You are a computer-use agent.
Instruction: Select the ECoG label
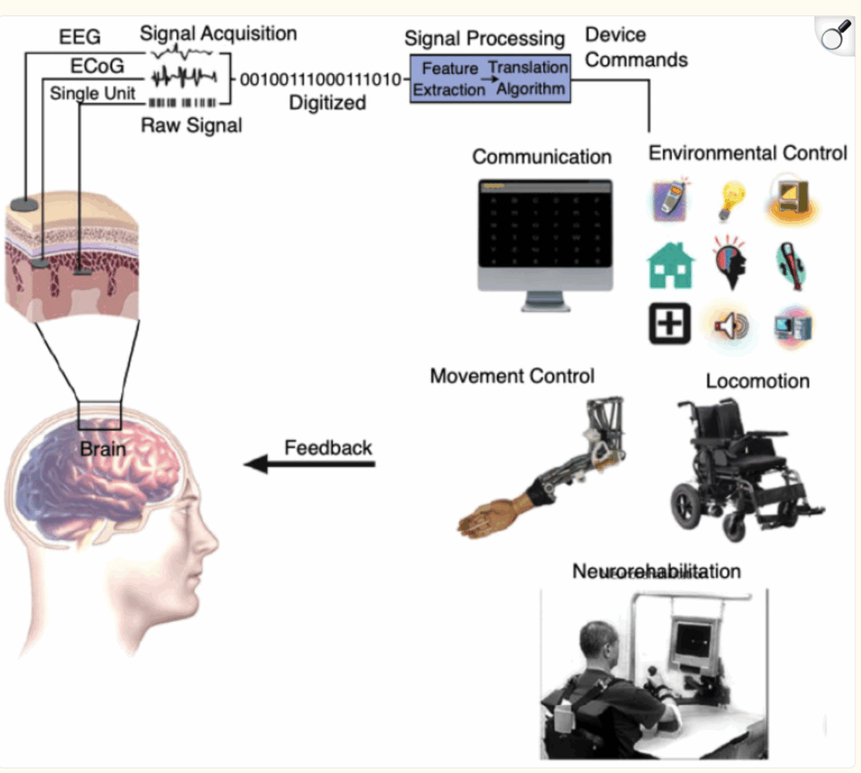(x=94, y=66)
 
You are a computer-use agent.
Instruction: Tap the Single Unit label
(x=92, y=93)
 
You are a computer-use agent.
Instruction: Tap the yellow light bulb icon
(x=729, y=199)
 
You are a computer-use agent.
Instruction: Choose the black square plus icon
(x=669, y=323)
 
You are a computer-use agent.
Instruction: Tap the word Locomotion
(x=757, y=381)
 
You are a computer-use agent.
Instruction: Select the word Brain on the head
(x=102, y=449)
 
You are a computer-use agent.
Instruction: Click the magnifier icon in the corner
(x=835, y=38)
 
